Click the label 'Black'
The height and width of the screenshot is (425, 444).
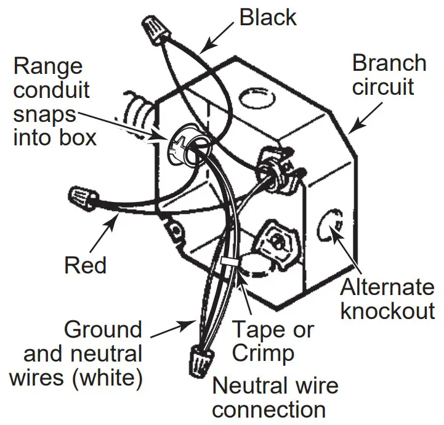(x=268, y=17)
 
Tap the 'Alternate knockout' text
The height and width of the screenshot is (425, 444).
(x=387, y=299)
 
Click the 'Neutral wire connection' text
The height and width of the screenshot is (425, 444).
(x=275, y=397)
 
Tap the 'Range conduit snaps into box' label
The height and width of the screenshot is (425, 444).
(x=55, y=102)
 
